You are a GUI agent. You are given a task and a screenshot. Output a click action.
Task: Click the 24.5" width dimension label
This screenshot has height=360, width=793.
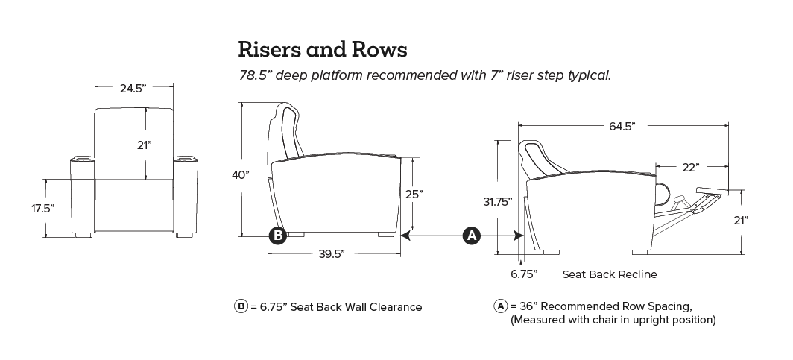coord(133,88)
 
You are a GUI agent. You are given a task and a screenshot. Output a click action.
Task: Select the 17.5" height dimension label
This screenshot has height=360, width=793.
coord(42,208)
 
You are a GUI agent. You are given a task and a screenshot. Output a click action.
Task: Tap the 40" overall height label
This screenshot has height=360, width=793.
coord(241,175)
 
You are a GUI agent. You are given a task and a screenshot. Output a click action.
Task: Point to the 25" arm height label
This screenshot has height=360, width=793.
coord(414,193)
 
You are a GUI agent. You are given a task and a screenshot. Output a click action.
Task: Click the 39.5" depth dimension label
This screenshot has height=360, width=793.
coord(332,254)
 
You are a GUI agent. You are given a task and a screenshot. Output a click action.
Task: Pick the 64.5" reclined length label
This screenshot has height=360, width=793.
coord(622,126)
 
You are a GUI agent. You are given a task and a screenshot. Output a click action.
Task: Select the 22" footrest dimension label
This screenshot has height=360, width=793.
coord(691,168)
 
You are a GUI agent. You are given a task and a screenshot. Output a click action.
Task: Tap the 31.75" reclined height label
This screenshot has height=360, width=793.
coord(498,202)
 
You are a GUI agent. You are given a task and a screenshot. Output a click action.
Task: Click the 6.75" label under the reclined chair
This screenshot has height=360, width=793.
coord(524,274)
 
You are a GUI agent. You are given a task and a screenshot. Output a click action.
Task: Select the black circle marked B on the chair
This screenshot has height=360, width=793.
coord(277,235)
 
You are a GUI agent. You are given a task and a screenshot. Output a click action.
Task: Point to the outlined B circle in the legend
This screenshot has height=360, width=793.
coord(241,306)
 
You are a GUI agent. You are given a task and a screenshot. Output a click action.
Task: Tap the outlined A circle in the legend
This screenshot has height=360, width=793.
coord(500,306)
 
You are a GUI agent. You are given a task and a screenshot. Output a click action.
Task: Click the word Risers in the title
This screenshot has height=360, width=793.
coord(270,49)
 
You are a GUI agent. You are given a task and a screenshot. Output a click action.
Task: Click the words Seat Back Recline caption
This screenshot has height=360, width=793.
coord(610,274)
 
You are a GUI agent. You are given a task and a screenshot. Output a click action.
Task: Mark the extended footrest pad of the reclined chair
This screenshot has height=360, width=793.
coord(713,190)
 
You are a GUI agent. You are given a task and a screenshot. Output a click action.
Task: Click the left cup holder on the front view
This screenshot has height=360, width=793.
coord(83,160)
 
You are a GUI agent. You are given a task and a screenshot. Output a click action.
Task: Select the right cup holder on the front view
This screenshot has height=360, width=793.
coord(186,160)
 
